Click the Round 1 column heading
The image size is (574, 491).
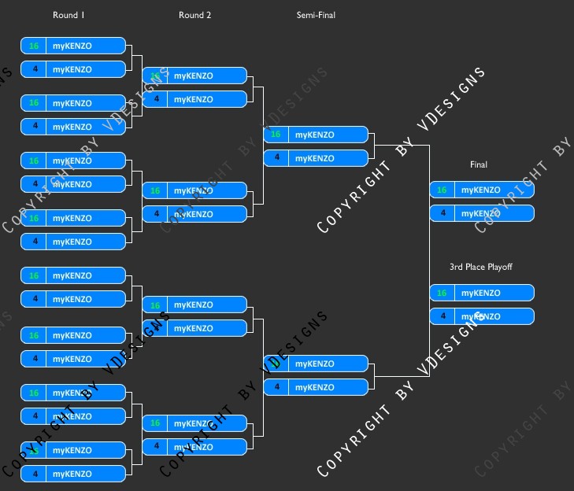pyautogui.click(x=69, y=15)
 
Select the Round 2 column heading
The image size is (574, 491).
pyautogui.click(x=194, y=15)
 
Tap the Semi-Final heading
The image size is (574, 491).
pyautogui.click(x=316, y=15)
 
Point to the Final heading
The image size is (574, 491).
pyautogui.click(x=479, y=164)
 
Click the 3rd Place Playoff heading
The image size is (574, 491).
pyautogui.click(x=480, y=267)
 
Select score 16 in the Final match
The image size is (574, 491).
pyautogui.click(x=442, y=190)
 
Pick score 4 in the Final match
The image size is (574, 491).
pyautogui.click(x=442, y=213)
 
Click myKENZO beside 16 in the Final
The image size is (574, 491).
pyautogui.click(x=480, y=190)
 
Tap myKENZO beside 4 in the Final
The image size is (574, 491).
pyautogui.click(x=480, y=213)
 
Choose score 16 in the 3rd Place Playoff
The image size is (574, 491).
pyautogui.click(x=442, y=293)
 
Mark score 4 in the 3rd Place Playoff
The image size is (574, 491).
pyautogui.click(x=442, y=316)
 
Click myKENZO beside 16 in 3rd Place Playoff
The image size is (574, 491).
pyautogui.click(x=480, y=293)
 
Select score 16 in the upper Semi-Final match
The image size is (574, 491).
pyautogui.click(x=276, y=135)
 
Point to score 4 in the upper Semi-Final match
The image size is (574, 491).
pyautogui.click(x=276, y=158)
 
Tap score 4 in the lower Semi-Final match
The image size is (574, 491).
pyautogui.click(x=276, y=387)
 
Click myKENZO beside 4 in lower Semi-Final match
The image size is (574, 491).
pyautogui.click(x=315, y=387)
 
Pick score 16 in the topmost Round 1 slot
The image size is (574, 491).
pyautogui.click(x=34, y=46)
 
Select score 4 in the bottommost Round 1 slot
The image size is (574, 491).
pyautogui.click(x=34, y=474)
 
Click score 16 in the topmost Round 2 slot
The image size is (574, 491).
pyautogui.click(x=155, y=76)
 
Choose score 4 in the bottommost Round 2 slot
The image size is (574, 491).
pyautogui.click(x=155, y=446)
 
